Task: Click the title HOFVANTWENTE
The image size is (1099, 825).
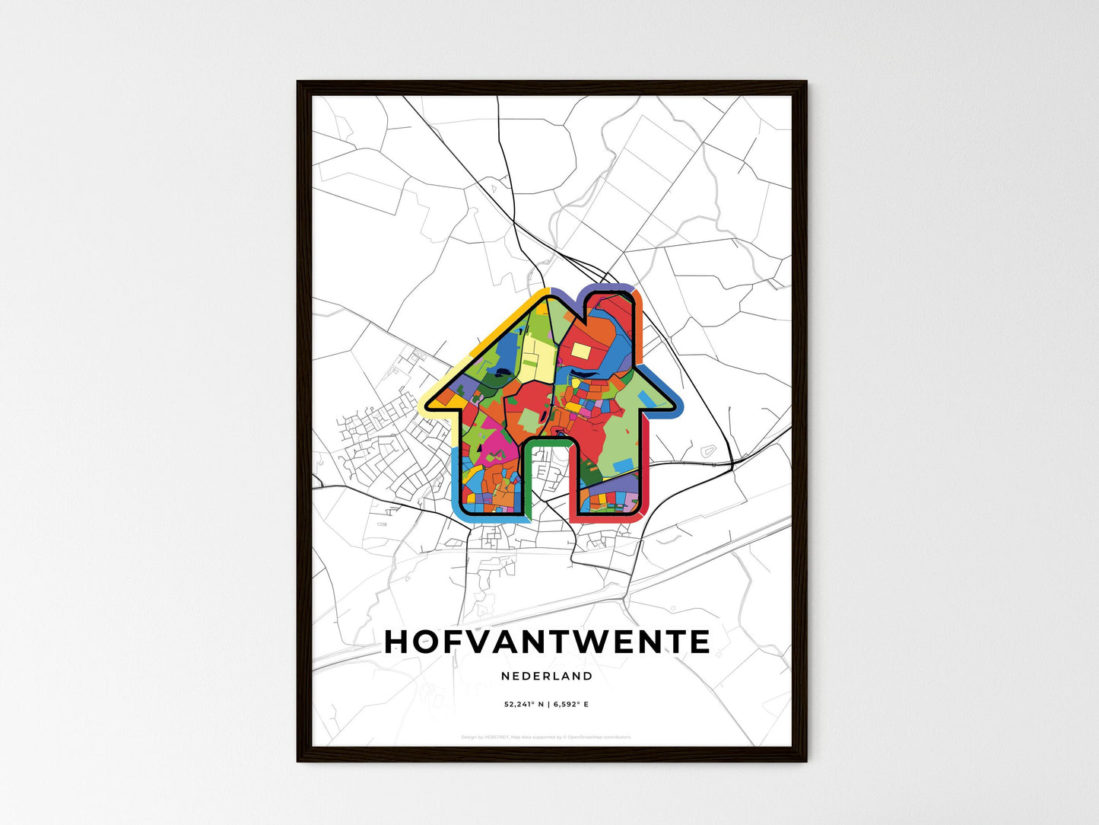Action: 547,642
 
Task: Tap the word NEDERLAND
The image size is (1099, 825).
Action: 547,676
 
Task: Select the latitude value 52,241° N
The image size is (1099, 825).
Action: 523,705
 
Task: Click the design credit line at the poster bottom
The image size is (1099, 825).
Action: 546,737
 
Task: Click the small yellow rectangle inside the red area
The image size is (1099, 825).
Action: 580,350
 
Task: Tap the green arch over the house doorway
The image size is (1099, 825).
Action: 547,442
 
